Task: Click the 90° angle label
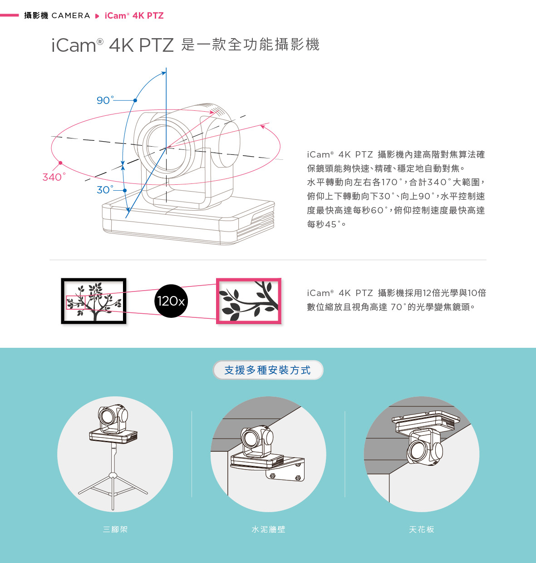tap(105, 100)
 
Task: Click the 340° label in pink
tap(54, 177)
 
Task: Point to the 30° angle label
tap(105, 190)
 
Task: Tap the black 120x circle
tap(171, 301)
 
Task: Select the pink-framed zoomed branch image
tap(249, 301)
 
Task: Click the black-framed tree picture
tap(93, 301)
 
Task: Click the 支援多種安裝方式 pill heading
tap(268, 370)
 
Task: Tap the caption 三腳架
tap(115, 529)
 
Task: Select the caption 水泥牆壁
tap(268, 529)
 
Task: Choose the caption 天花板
tap(421, 529)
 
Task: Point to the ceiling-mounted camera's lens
tap(416, 451)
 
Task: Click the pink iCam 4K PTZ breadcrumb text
tap(134, 16)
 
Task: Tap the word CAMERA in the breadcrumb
tap(71, 16)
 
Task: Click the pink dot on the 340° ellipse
tap(60, 163)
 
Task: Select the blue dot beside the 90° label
tap(135, 100)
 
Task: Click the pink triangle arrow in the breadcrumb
tap(97, 16)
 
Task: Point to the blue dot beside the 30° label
tap(125, 190)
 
